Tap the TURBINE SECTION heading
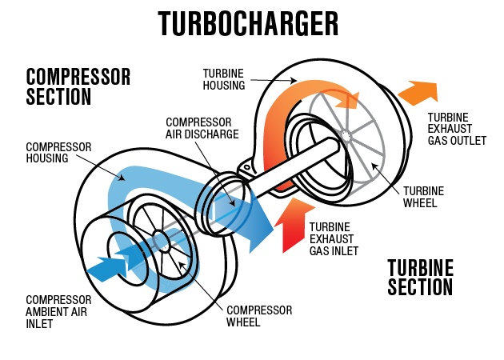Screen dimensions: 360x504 pyautogui.click(x=420, y=277)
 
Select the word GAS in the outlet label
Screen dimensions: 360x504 pyautogui.click(x=439, y=141)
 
